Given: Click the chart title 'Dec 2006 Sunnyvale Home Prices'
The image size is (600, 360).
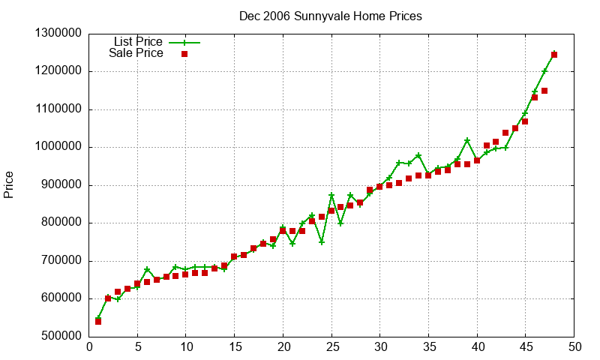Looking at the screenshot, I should [330, 16].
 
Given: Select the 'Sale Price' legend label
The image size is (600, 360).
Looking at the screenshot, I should [136, 53].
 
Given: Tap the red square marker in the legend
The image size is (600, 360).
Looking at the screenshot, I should [184, 54].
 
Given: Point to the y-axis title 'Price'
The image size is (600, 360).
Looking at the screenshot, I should [9, 184].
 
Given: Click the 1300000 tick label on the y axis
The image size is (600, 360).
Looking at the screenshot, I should [58, 33].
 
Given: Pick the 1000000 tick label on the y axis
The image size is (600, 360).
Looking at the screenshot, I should [58, 147].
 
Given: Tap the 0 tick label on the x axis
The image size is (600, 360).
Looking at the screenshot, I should [89, 347].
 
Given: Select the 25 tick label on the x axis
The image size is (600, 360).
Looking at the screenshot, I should [331, 347].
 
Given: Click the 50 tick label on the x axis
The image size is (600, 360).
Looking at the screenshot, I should [574, 347].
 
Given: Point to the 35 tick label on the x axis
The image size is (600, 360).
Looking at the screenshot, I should [429, 347].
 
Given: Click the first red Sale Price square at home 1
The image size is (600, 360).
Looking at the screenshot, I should [98, 321].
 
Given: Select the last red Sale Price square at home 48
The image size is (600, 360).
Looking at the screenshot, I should [554, 55].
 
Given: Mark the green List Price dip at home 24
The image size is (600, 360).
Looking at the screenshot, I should [322, 241].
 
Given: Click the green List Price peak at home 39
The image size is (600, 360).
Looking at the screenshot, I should [467, 140].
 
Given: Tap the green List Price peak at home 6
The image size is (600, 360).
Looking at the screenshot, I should [147, 269].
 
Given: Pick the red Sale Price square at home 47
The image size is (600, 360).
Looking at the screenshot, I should [544, 91].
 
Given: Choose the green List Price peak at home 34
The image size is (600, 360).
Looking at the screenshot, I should [418, 155].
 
